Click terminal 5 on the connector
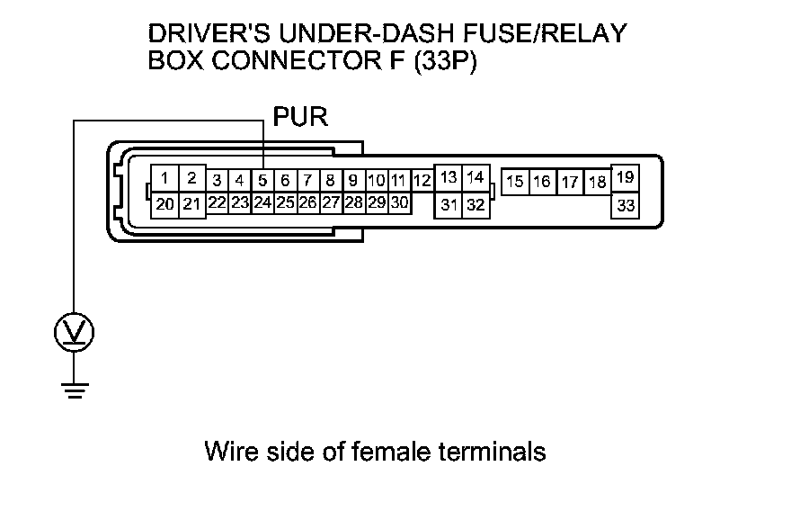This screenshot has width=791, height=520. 262,180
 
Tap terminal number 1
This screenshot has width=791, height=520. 164,177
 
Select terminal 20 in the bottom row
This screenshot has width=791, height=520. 164,204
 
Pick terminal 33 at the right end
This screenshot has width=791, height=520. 626,205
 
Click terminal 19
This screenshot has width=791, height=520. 626,177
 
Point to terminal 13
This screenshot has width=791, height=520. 450,177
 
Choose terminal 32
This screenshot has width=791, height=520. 476,205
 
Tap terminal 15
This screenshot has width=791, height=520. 515,182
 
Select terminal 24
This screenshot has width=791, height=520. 262,202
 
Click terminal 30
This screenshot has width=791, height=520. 399,202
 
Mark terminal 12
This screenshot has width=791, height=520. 422,180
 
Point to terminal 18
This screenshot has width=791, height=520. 597,182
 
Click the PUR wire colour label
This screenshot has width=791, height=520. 300,117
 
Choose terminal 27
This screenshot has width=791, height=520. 331,202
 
